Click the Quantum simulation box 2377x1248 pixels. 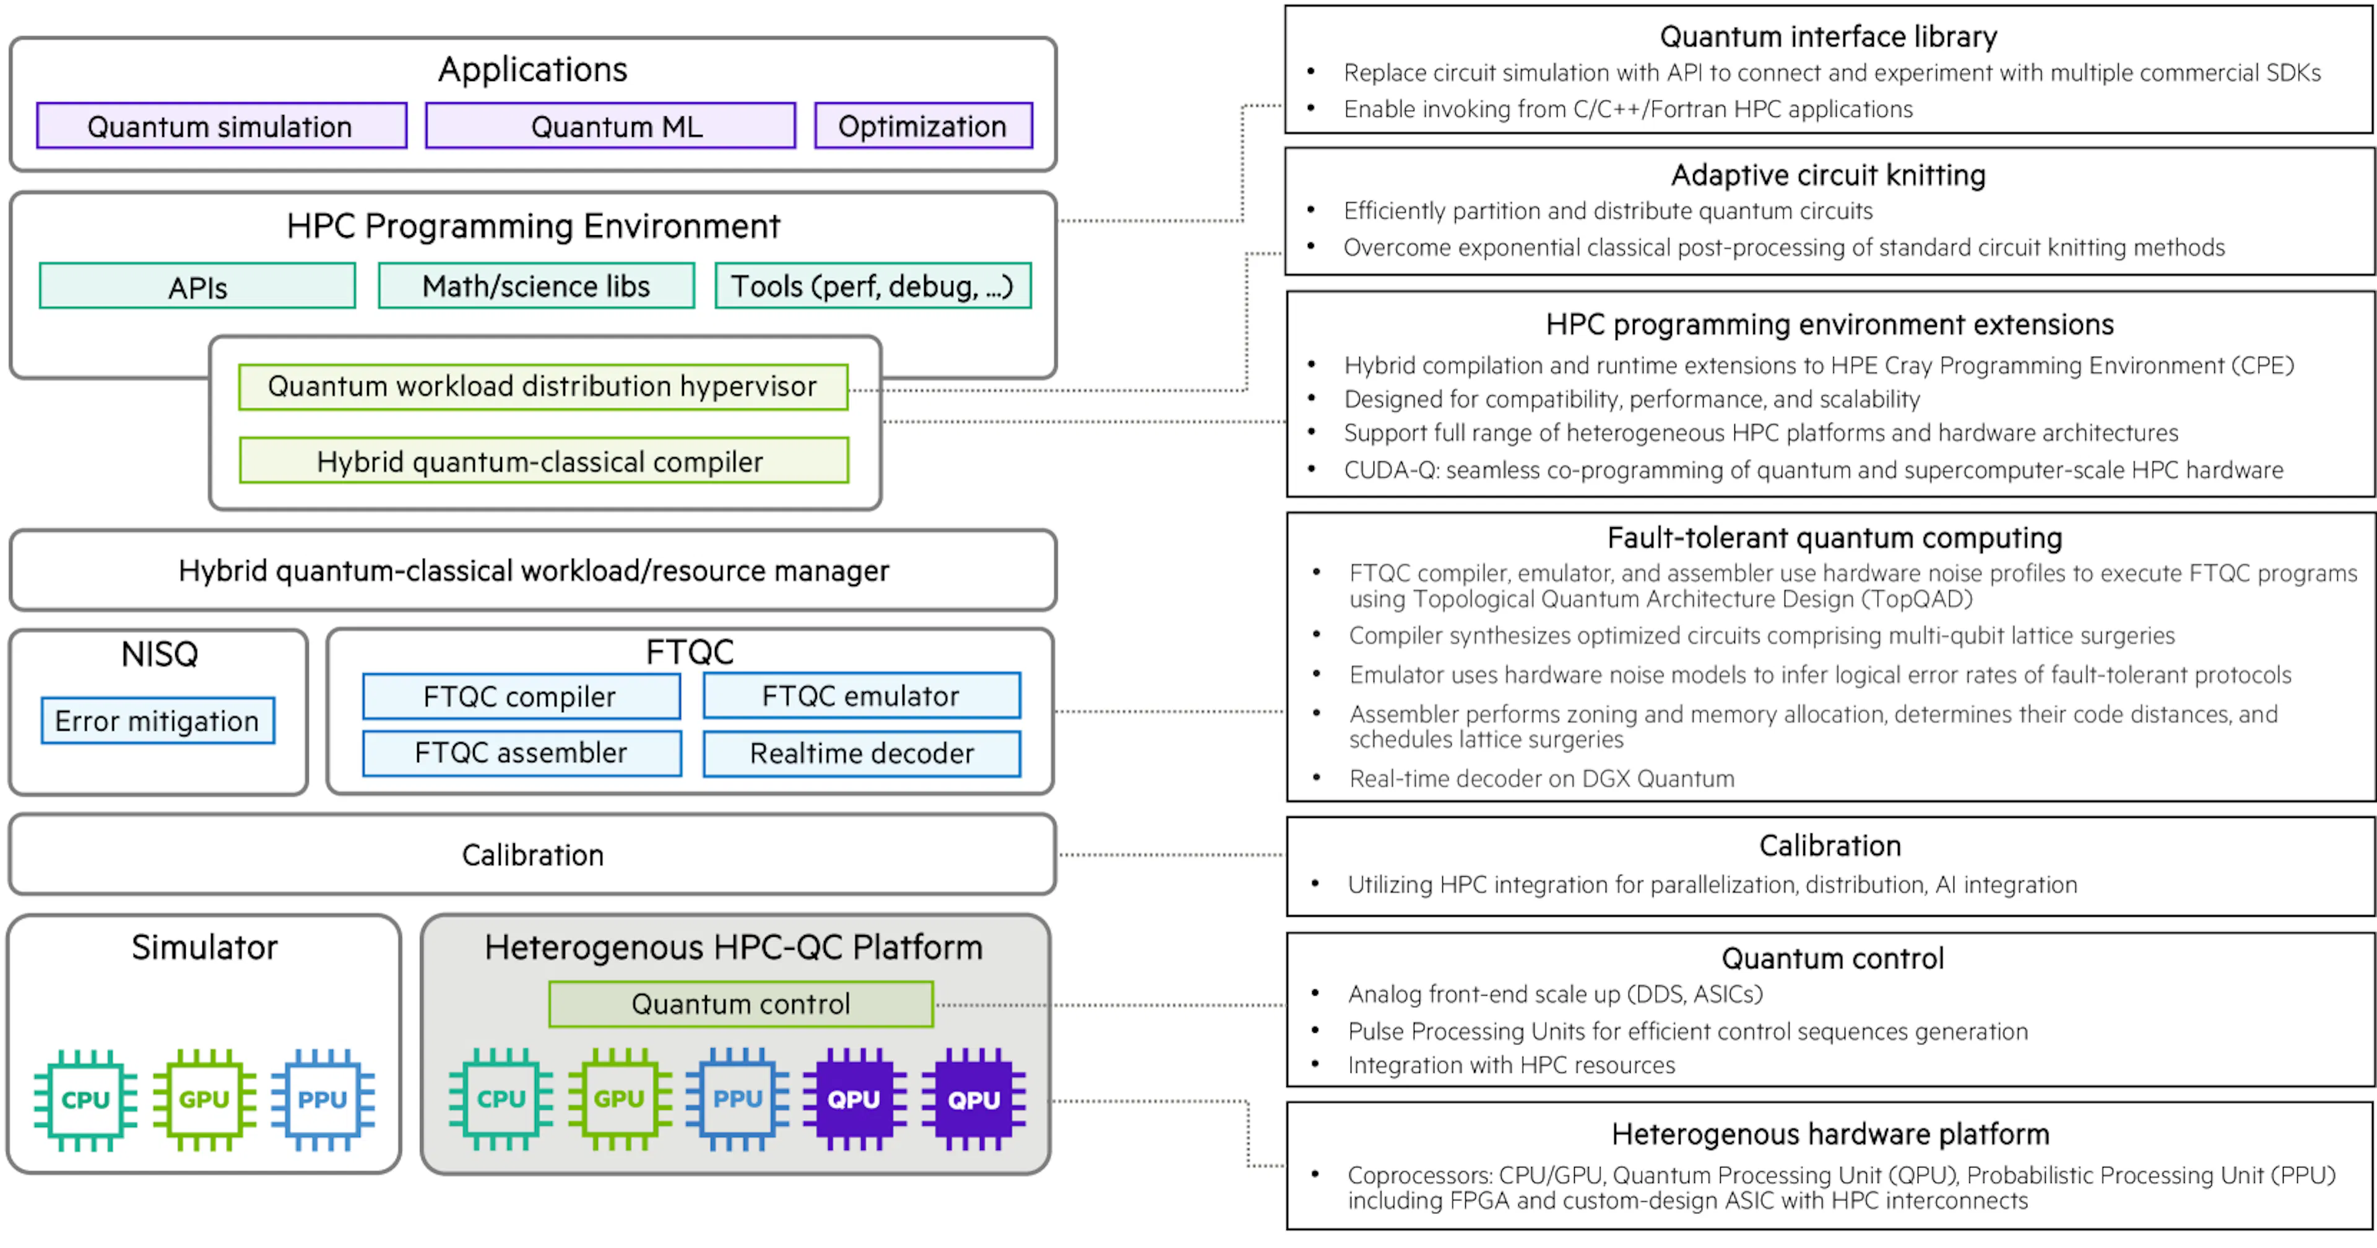[222, 126]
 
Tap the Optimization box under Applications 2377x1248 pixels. [923, 126]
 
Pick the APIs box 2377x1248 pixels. [197, 287]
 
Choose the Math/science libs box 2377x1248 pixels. [536, 287]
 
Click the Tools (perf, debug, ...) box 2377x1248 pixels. [873, 287]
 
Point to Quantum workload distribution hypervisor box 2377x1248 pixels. [543, 387]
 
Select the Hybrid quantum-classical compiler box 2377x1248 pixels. [543, 461]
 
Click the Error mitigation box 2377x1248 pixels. [158, 720]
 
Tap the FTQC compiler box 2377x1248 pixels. [521, 697]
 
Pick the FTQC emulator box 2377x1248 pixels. [862, 697]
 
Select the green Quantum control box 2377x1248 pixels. [741, 1004]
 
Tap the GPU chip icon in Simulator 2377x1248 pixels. [204, 1100]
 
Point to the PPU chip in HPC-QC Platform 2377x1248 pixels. [737, 1098]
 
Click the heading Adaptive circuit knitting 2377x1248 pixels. [1828, 175]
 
